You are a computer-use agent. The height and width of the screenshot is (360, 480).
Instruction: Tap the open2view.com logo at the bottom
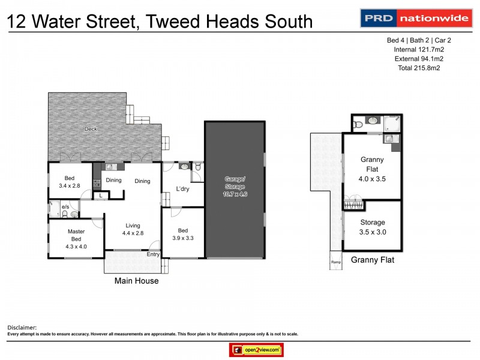pyautogui.click(x=256, y=349)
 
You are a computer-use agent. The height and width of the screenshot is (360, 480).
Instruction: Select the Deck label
pyautogui.click(x=91, y=128)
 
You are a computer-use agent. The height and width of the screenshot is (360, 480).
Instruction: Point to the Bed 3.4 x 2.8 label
pyautogui.click(x=70, y=181)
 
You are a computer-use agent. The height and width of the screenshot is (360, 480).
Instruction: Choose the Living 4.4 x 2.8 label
pyautogui.click(x=133, y=229)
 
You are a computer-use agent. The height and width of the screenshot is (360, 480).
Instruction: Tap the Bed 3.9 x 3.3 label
pyautogui.click(x=182, y=234)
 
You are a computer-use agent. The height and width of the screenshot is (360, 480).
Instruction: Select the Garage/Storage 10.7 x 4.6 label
pyautogui.click(x=235, y=186)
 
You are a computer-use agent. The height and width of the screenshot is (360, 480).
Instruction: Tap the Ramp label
pyautogui.click(x=335, y=262)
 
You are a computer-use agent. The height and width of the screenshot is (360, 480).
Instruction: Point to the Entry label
pyautogui.click(x=153, y=254)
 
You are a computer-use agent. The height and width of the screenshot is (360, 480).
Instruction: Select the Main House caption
pyautogui.click(x=137, y=280)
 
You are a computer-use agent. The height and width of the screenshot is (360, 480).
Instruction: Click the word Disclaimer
pyautogui.click(x=22, y=328)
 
